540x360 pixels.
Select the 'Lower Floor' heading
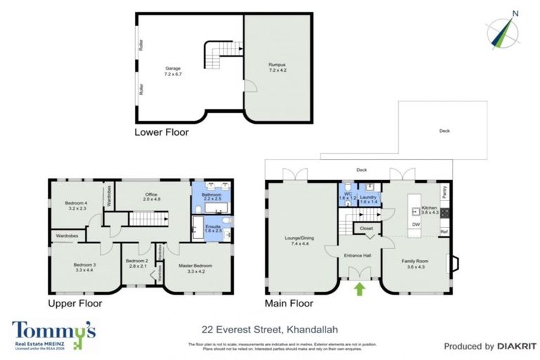(162, 131)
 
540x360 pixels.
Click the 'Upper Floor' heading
(75, 304)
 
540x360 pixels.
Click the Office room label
(152, 196)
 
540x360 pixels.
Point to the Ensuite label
(212, 228)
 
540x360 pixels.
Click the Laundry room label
(369, 199)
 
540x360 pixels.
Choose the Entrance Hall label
(356, 256)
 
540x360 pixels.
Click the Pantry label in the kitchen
(444, 191)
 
